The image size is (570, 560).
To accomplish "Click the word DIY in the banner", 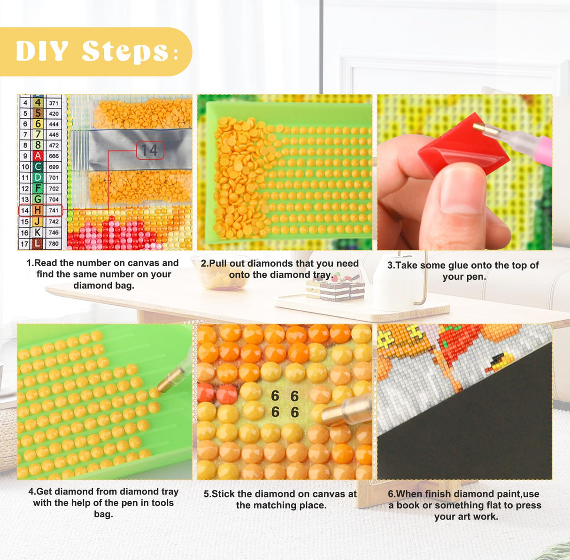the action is click(x=42, y=51).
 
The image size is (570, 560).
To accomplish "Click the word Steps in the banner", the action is click(x=125, y=52).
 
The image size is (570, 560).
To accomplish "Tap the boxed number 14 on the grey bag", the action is click(x=150, y=150).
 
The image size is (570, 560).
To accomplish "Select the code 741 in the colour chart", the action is click(x=54, y=210).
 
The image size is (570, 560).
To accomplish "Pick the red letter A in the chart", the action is click(x=38, y=156).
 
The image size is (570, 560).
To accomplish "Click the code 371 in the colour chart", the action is click(x=54, y=103).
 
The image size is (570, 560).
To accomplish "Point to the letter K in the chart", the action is click(x=38, y=232).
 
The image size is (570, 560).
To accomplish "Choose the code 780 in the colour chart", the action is click(x=54, y=244).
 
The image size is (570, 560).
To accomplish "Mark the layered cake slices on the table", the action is click(x=335, y=288).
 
